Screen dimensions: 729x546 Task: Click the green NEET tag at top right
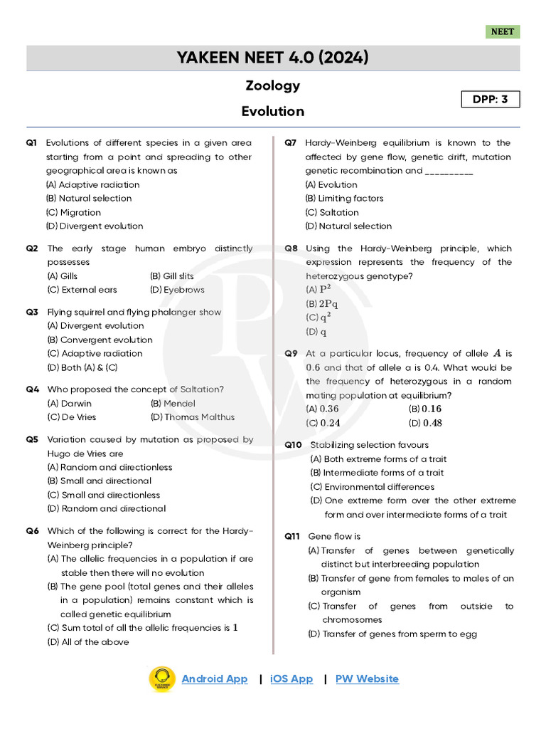click(x=503, y=32)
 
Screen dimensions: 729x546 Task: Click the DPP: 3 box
click(x=491, y=99)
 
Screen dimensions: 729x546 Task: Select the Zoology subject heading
click(x=273, y=85)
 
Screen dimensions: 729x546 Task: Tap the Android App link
click(x=215, y=678)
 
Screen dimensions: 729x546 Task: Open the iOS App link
click(x=291, y=678)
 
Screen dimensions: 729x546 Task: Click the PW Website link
click(x=367, y=678)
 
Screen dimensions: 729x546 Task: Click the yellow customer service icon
click(x=162, y=679)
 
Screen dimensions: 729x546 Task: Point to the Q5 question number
click(x=32, y=439)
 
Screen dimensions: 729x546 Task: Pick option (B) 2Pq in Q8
click(x=322, y=303)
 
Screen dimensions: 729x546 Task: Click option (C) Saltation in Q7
click(x=332, y=212)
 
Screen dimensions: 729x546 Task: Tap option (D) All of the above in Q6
click(x=88, y=641)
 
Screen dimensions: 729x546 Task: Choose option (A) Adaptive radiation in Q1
click(x=93, y=184)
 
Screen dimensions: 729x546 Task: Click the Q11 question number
click(x=294, y=536)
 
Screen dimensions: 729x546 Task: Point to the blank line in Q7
click(x=449, y=172)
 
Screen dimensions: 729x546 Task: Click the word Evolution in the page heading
click(x=273, y=111)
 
